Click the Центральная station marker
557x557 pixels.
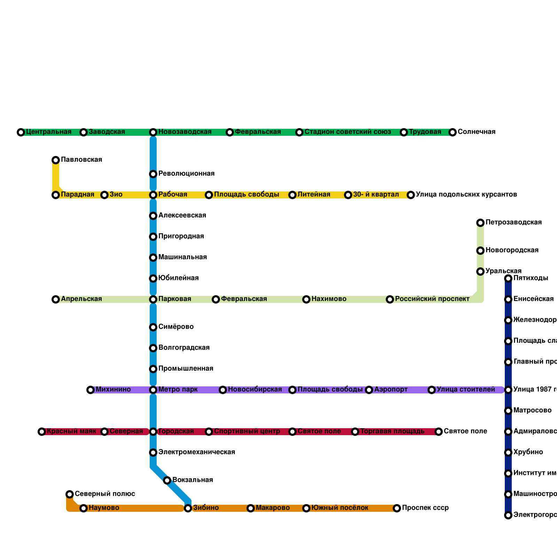[x=21, y=132]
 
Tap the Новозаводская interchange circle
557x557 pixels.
[x=153, y=132]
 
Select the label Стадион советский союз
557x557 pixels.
[x=347, y=132]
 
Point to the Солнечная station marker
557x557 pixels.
[x=453, y=132]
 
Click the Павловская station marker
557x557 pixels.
[x=56, y=160]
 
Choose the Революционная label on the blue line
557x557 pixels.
[x=186, y=174]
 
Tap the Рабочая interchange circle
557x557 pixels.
[x=153, y=195]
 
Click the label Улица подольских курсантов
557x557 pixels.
[x=466, y=195]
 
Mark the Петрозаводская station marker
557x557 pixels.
[x=480, y=223]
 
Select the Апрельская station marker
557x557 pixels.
[x=56, y=299]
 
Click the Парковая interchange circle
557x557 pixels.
[x=153, y=299]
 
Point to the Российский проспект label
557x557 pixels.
[x=432, y=299]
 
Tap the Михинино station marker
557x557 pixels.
[x=91, y=390]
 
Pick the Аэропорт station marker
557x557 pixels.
[x=369, y=390]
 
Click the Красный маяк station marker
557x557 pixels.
[x=42, y=432]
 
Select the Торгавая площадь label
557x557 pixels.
[x=392, y=431]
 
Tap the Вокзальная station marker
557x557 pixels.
[x=167, y=480]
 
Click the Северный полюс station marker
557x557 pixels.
[x=70, y=494]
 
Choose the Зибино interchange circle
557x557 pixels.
[x=188, y=508]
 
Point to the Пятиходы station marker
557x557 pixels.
[x=508, y=278]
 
